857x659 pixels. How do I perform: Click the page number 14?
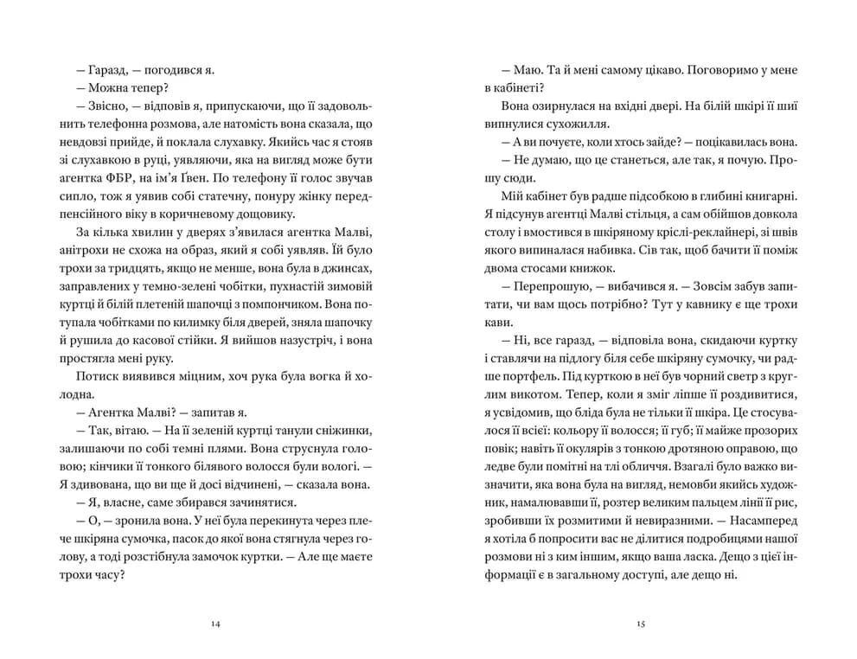coord(215,624)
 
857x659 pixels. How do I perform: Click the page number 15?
coord(641,624)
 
